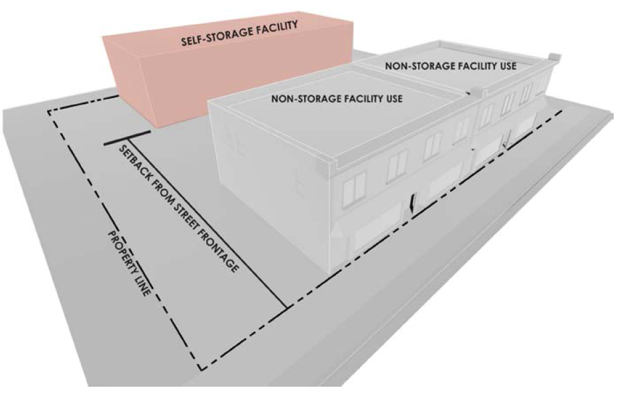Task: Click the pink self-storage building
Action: click(x=159, y=80)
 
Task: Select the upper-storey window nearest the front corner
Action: click(x=353, y=188)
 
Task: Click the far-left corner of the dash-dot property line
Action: click(x=49, y=112)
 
